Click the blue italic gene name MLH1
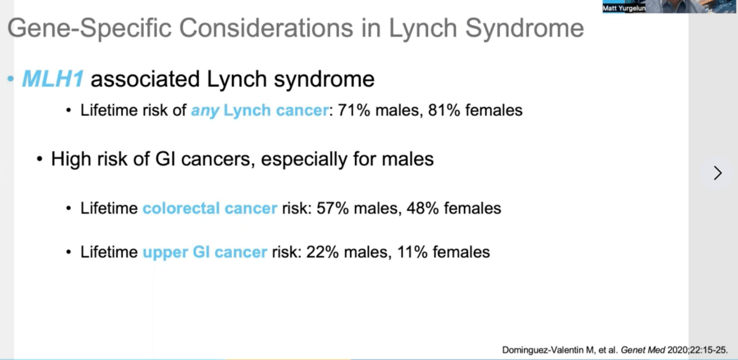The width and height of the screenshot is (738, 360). (x=53, y=79)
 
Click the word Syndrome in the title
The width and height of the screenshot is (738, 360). (x=525, y=29)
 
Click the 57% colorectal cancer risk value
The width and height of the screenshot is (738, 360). (x=333, y=209)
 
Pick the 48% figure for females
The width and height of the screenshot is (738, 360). (x=423, y=209)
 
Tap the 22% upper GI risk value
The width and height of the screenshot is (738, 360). (x=322, y=252)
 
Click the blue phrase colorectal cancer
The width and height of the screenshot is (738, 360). (x=210, y=209)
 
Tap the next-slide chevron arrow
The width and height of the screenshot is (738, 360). (x=718, y=173)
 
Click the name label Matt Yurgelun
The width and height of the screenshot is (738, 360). (x=624, y=8)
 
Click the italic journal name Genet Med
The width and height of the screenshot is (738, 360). (x=643, y=350)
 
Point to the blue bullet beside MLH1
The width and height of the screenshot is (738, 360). (x=10, y=79)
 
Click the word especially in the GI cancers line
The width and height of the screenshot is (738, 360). (x=304, y=159)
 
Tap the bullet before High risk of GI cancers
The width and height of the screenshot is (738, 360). (x=39, y=159)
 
